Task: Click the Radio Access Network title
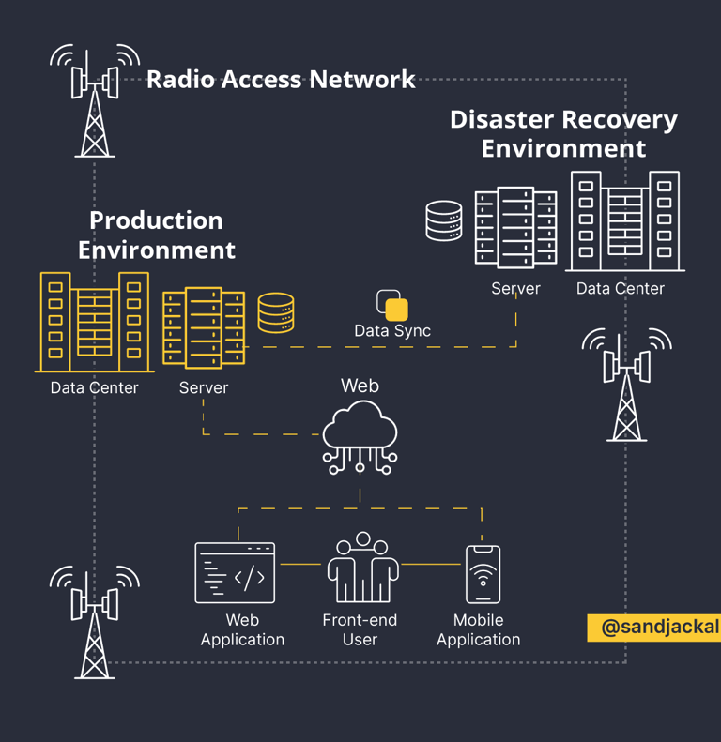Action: pos(281,80)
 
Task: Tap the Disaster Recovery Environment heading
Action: pos(563,134)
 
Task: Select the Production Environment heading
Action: pos(156,235)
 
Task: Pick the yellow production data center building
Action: pos(94,322)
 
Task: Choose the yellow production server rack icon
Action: pos(204,328)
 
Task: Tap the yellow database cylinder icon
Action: pos(276,313)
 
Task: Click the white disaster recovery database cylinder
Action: pos(444,221)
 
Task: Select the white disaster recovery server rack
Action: pos(515,228)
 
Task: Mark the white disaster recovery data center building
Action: pos(624,221)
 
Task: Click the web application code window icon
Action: pos(235,572)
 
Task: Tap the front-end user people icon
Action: pos(362,568)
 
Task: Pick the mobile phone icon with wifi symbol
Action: pos(483,574)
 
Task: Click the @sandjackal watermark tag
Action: pos(654,628)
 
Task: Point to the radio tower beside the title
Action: pos(95,100)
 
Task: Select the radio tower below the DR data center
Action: pos(626,385)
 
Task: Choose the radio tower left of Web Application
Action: pos(95,620)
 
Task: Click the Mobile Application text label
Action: pos(478,630)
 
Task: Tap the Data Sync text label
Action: pos(392,331)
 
